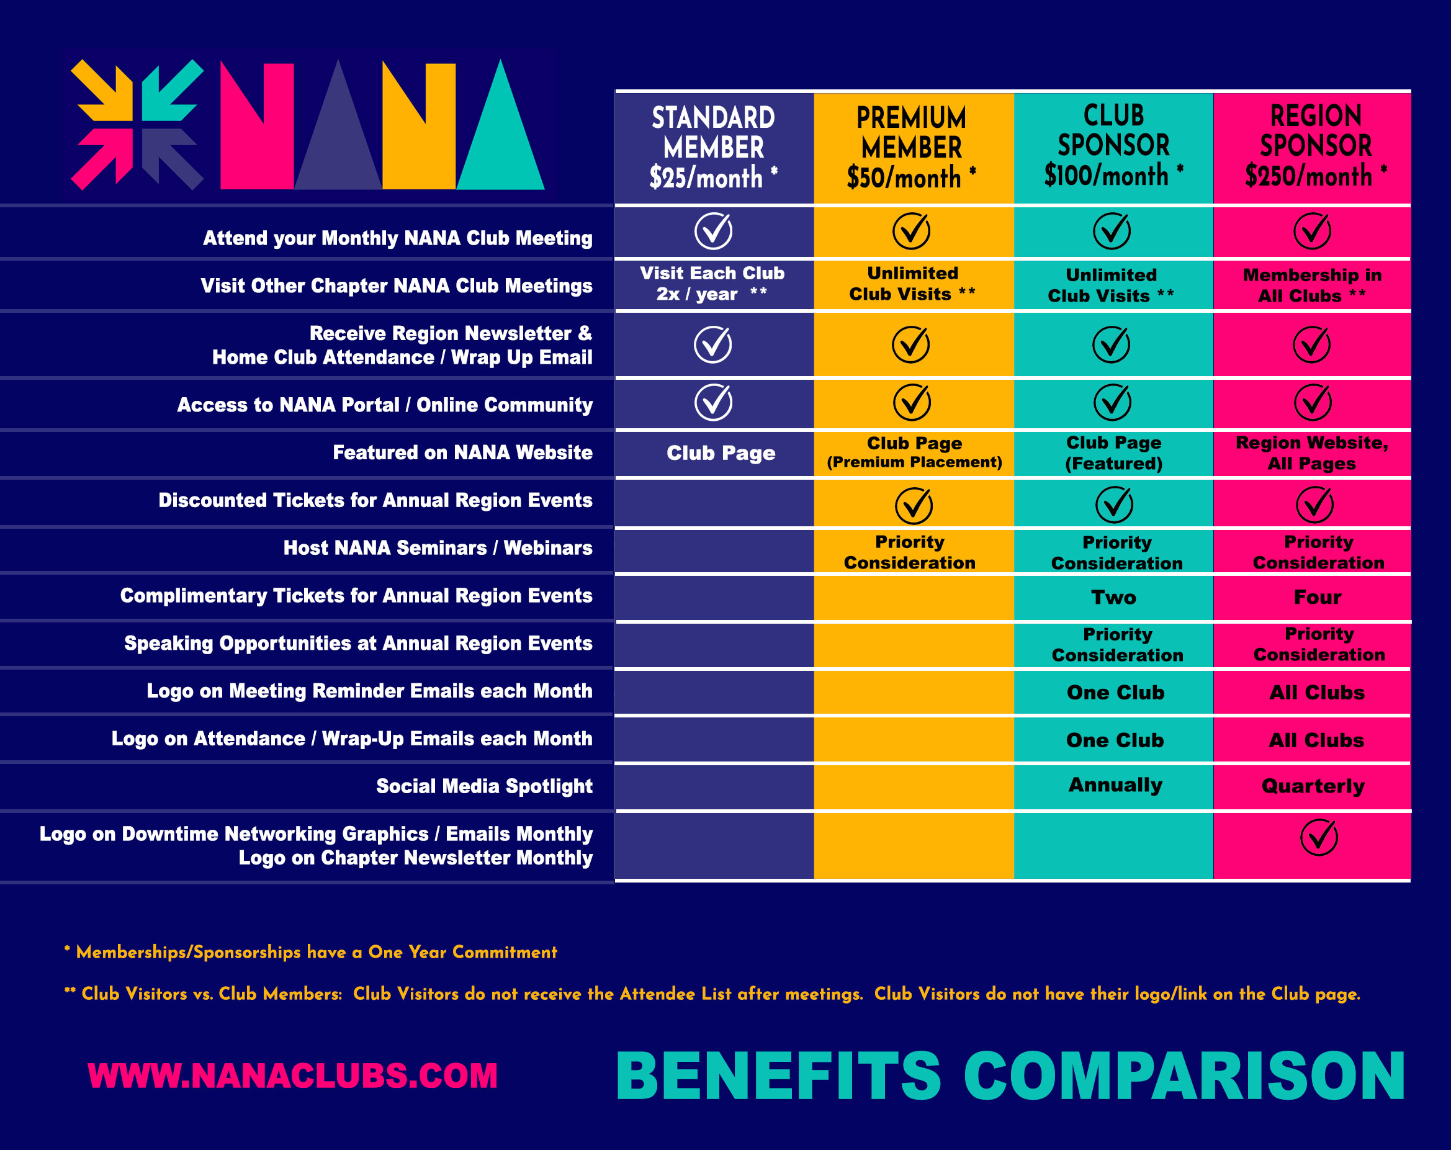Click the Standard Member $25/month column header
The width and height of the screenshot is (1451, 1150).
click(x=713, y=147)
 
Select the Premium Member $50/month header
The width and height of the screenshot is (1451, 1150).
click(x=912, y=147)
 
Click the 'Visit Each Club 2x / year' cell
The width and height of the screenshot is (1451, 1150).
click(x=712, y=283)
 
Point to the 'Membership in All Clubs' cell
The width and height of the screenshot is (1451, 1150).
click(x=1312, y=285)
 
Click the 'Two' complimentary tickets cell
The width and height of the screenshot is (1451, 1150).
click(x=1113, y=597)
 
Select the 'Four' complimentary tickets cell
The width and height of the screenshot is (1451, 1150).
click(x=1317, y=597)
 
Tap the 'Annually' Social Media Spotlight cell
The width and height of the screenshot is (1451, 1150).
click(x=1115, y=784)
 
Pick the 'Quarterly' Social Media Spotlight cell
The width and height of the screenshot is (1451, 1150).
click(x=1313, y=786)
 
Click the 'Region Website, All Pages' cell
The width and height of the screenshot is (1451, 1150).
click(x=1312, y=453)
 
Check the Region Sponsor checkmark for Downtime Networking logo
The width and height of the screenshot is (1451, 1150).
click(x=1318, y=837)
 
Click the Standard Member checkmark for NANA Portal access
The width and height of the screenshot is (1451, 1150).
click(x=712, y=402)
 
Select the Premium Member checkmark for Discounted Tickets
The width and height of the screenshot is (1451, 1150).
click(x=914, y=505)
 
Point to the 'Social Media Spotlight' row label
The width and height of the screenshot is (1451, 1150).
click(x=484, y=786)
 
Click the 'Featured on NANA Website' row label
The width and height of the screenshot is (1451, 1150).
click(x=462, y=452)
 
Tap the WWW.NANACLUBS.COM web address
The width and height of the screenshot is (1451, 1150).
click(x=293, y=1076)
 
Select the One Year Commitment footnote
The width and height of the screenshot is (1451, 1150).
click(x=311, y=952)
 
